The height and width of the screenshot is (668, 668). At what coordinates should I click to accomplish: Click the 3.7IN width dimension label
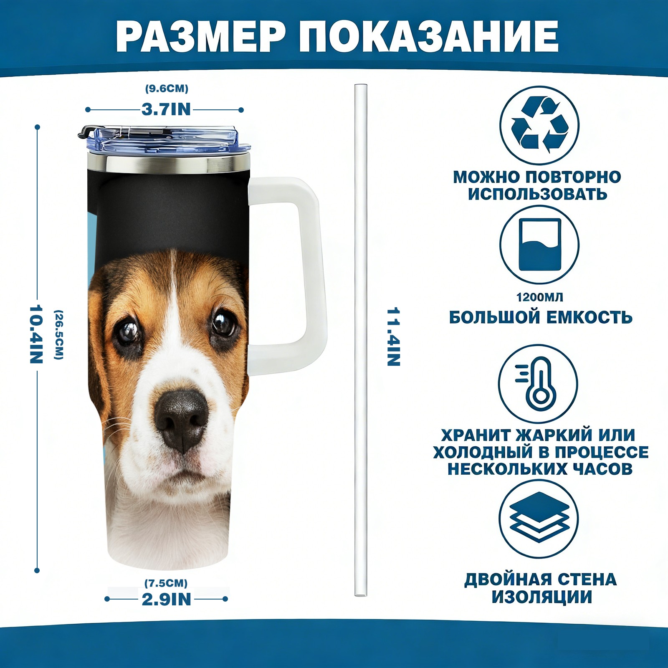click(166, 109)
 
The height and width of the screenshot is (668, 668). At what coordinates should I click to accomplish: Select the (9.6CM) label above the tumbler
click(167, 89)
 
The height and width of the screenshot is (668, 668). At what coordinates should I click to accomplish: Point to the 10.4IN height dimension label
click(36, 334)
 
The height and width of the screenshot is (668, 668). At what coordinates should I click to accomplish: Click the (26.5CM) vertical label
click(59, 334)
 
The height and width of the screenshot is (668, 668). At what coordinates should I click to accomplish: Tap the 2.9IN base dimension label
click(166, 599)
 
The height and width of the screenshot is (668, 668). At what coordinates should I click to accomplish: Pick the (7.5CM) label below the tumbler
click(166, 583)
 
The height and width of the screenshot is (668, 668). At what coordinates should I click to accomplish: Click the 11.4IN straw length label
click(393, 337)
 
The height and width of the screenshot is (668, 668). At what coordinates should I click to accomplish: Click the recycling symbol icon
click(539, 125)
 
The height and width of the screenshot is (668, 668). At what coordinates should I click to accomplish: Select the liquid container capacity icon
click(539, 245)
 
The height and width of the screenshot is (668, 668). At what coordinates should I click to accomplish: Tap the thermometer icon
click(539, 384)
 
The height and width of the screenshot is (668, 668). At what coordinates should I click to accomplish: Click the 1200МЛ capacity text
click(539, 297)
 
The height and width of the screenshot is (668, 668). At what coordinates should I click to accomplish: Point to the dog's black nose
click(180, 420)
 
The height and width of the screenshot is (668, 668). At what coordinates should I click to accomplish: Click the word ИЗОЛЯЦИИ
click(541, 597)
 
